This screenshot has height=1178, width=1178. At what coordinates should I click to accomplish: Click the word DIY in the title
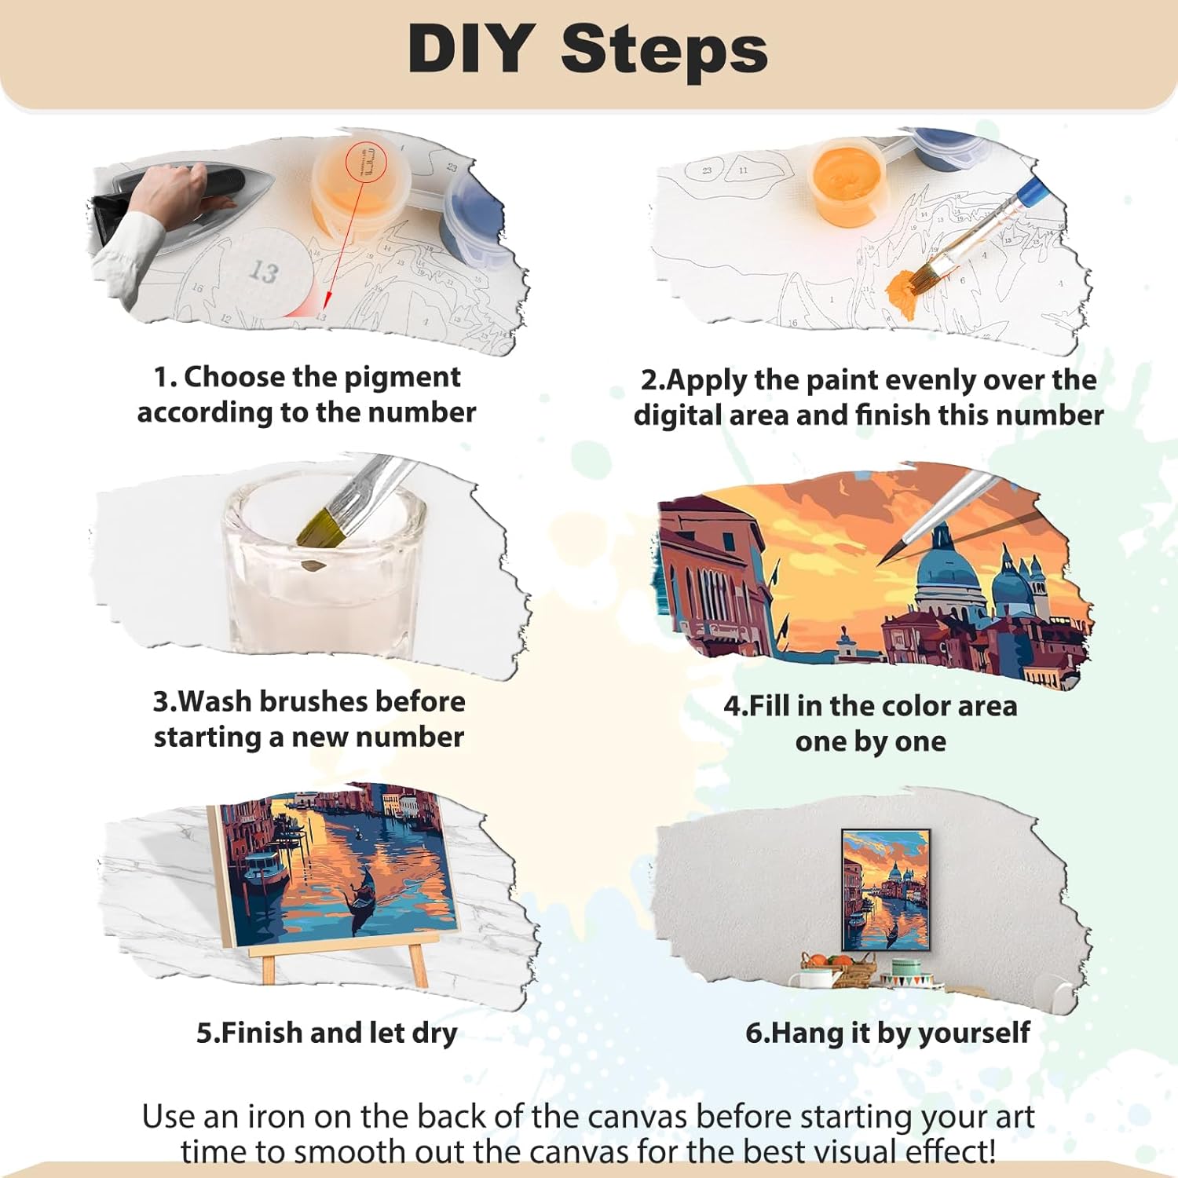471,49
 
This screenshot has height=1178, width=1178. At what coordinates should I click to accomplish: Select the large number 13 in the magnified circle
264,272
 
